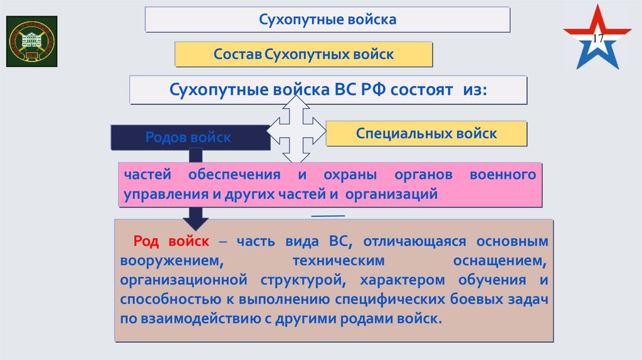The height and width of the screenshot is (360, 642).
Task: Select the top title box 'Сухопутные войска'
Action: tap(327, 19)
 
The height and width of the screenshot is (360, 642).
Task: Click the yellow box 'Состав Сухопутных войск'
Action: tap(303, 55)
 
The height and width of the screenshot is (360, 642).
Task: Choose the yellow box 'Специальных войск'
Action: tap(426, 134)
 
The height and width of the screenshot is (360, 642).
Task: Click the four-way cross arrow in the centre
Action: tap(297, 129)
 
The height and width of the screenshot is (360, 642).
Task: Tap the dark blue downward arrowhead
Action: tap(196, 220)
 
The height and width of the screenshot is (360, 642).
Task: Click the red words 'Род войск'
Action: tap(171, 241)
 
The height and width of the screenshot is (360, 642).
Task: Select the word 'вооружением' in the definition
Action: tap(167, 259)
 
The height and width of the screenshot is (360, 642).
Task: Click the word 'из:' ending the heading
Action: tap(476, 89)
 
